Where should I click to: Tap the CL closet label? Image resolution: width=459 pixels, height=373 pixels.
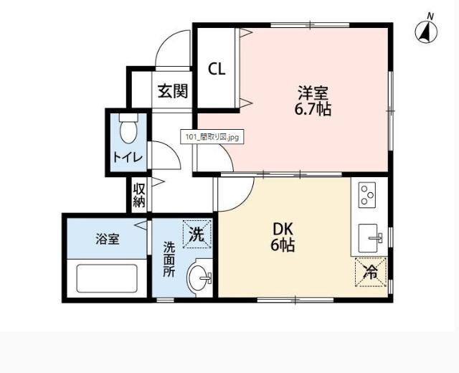point(217,70)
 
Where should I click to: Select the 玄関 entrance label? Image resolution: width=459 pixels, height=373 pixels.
point(173,91)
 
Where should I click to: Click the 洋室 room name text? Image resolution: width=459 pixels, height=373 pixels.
point(314,93)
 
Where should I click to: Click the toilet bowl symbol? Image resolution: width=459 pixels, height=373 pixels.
point(128,130)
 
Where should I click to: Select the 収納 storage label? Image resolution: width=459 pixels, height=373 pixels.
point(139,194)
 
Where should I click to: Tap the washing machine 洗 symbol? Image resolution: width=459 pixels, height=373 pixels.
point(197,233)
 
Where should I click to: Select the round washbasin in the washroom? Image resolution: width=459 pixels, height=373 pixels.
point(199,276)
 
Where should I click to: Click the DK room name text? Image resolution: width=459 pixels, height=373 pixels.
point(282,229)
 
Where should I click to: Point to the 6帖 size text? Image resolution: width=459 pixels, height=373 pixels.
point(283,245)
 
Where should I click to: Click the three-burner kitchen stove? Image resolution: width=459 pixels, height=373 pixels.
point(367,194)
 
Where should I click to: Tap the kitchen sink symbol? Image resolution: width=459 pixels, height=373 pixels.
point(371,235)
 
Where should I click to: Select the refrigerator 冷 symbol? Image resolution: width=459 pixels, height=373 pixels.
point(371,272)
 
